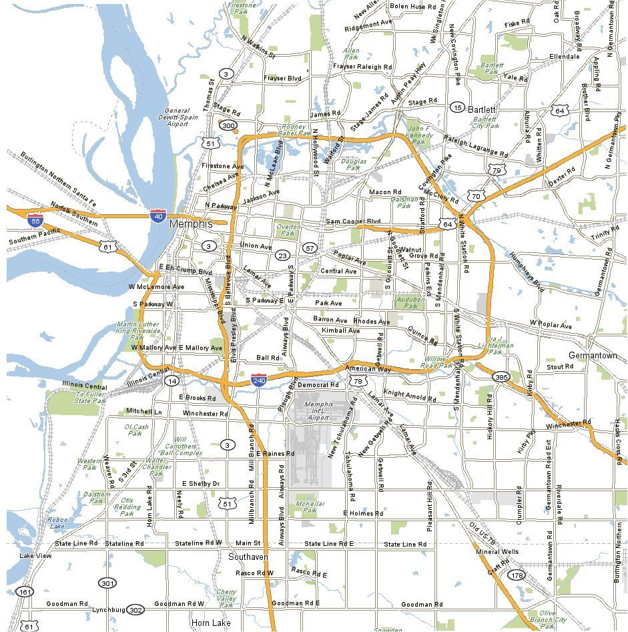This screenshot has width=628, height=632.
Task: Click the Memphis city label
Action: (191, 224)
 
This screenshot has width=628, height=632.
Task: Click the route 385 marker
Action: (501, 377)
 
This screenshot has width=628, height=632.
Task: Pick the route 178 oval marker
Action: (516, 575)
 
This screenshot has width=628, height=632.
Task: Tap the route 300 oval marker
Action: (228, 125)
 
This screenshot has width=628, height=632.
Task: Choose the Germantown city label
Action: (593, 356)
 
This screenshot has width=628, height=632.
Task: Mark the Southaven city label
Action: (248, 557)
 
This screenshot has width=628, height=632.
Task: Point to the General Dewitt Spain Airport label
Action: (178, 117)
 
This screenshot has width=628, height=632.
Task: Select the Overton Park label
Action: (288, 230)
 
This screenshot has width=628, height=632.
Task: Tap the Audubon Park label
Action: (410, 302)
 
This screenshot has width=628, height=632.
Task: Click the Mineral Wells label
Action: (497, 552)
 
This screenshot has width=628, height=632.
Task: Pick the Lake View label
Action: (35, 556)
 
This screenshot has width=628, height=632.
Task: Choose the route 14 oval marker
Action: (172, 381)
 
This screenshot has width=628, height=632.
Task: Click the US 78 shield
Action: (358, 381)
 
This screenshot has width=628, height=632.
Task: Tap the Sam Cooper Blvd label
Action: (352, 222)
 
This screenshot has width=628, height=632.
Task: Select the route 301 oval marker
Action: (107, 583)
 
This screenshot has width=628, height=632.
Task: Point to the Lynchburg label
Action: (108, 610)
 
